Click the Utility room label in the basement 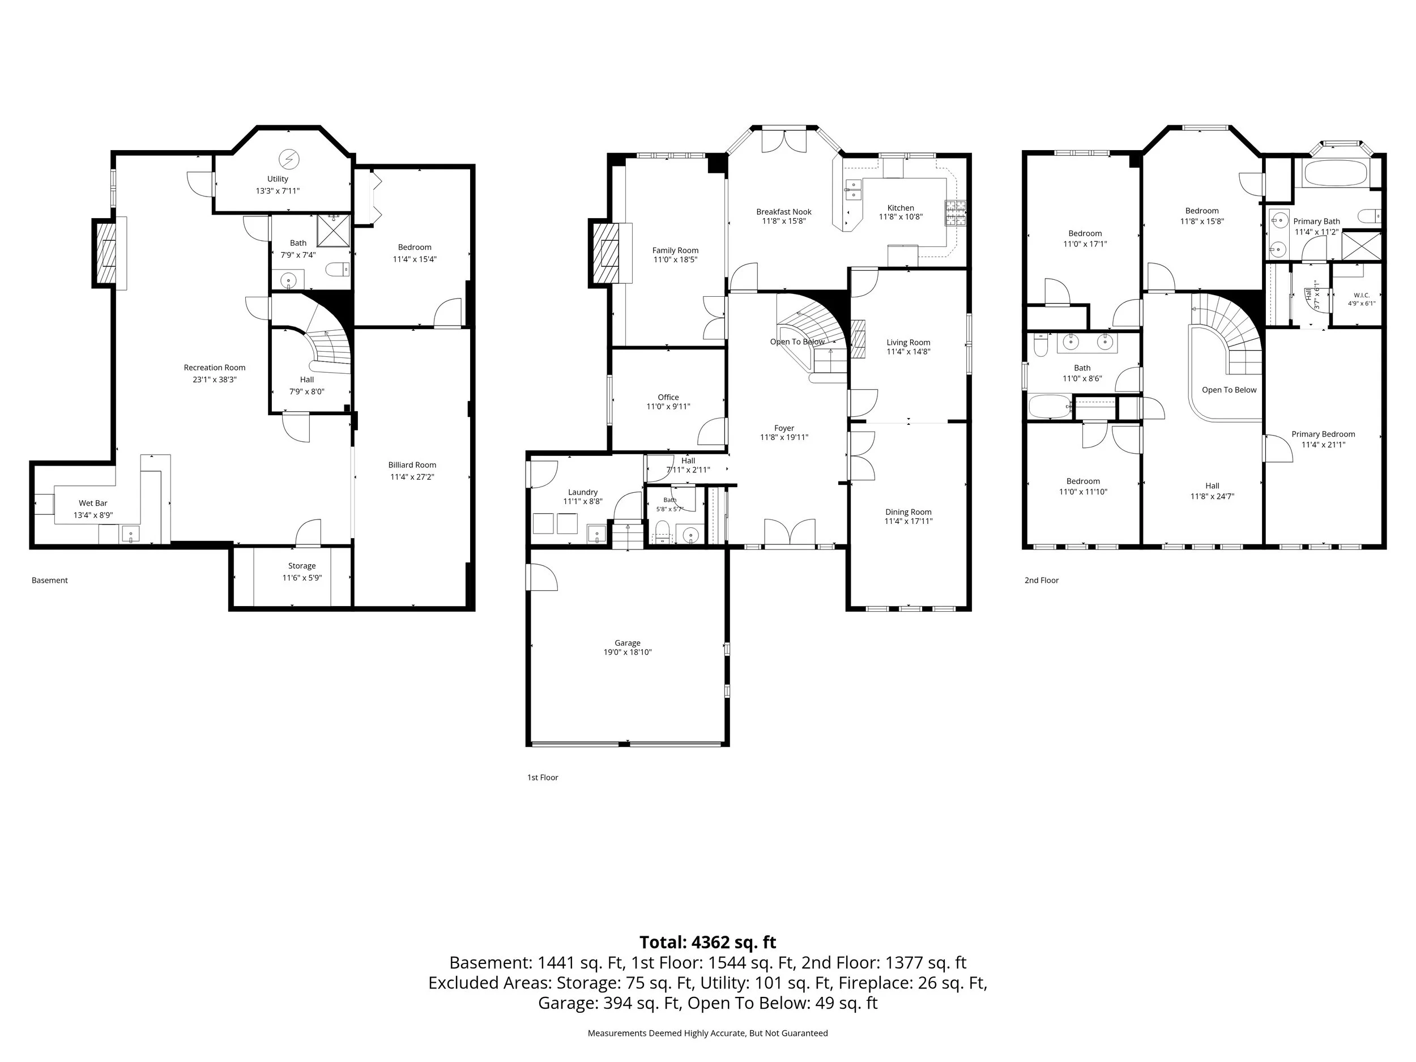coord(278,179)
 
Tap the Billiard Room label coord(412,466)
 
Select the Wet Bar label coord(93,503)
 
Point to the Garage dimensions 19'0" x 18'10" coord(628,652)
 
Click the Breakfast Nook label coord(783,212)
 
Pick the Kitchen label coord(901,208)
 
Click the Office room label coord(668,398)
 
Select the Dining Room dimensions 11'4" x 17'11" coord(909,522)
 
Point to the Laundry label coord(582,492)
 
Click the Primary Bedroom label coord(1323,434)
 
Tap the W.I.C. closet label coord(1362,295)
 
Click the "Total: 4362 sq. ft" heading coord(708,942)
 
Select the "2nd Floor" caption coord(1042,581)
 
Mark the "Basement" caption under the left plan coord(50,581)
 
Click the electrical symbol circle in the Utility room coord(288,158)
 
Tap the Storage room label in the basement coord(301,566)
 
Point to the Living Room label coord(909,343)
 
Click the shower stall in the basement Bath coord(334,231)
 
